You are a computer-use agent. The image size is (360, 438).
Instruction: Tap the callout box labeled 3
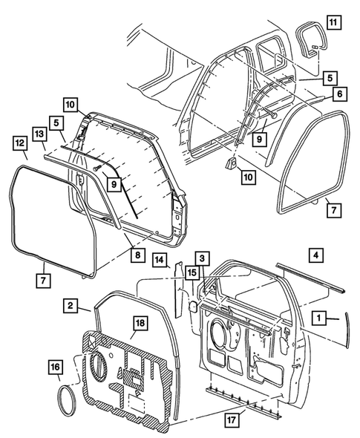pyautogui.click(x=202, y=258)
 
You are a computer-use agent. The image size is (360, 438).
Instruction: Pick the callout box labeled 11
pyautogui.click(x=334, y=22)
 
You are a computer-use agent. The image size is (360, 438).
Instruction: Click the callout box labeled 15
pyautogui.click(x=192, y=274)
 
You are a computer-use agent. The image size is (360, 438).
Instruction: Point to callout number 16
pyautogui.click(x=56, y=367)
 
